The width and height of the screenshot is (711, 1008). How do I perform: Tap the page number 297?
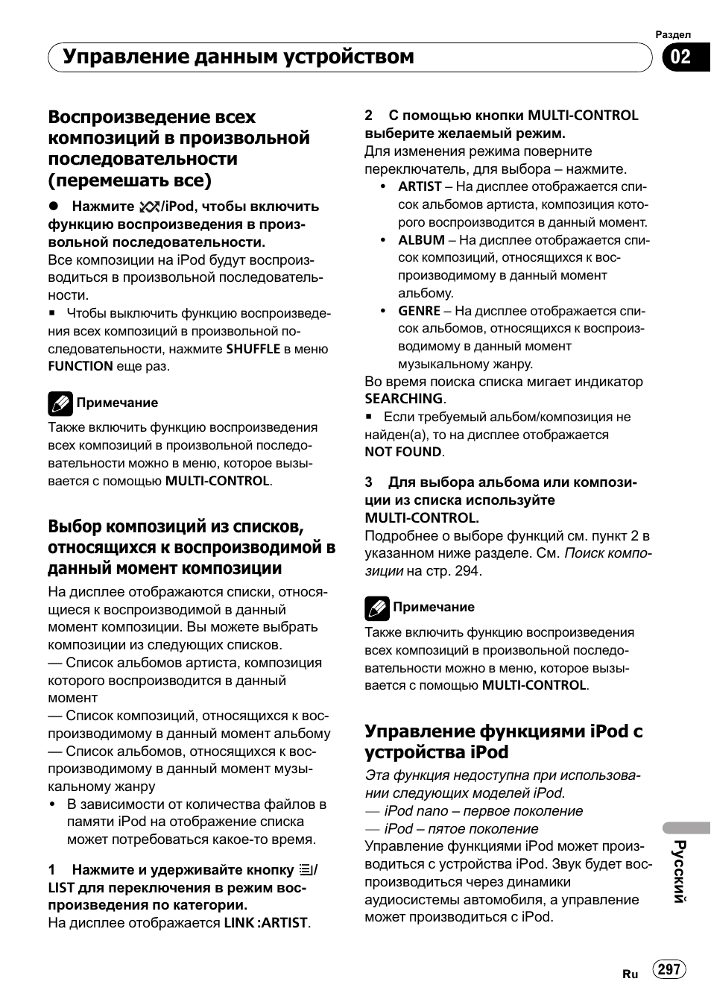pos(669,968)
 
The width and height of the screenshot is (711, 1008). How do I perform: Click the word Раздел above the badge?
pos(672,34)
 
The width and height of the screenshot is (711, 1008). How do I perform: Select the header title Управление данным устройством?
pos(238,57)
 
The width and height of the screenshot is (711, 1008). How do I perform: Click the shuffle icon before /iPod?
pos(149,207)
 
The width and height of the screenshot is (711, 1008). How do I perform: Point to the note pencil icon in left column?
pos(60,403)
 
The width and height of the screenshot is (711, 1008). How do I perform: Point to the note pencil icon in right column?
pos(377,608)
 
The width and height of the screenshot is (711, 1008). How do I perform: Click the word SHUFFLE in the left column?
pos(253,348)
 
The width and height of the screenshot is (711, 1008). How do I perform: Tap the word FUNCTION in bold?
pos(80,366)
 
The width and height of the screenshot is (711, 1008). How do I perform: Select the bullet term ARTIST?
pos(420,186)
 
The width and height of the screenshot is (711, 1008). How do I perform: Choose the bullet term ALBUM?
pos(421,240)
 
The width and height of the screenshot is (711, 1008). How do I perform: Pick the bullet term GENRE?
pos(419,311)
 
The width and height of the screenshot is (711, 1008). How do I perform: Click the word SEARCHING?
pos(403,399)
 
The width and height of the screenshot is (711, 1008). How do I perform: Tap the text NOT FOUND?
pos(402,452)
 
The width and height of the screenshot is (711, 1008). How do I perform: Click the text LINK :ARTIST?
pos(265,922)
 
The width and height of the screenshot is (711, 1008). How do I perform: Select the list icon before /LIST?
pos(305,869)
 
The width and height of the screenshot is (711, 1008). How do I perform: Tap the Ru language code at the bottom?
pos(630,974)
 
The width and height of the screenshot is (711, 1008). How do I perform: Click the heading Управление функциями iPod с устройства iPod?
pos(503,741)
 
